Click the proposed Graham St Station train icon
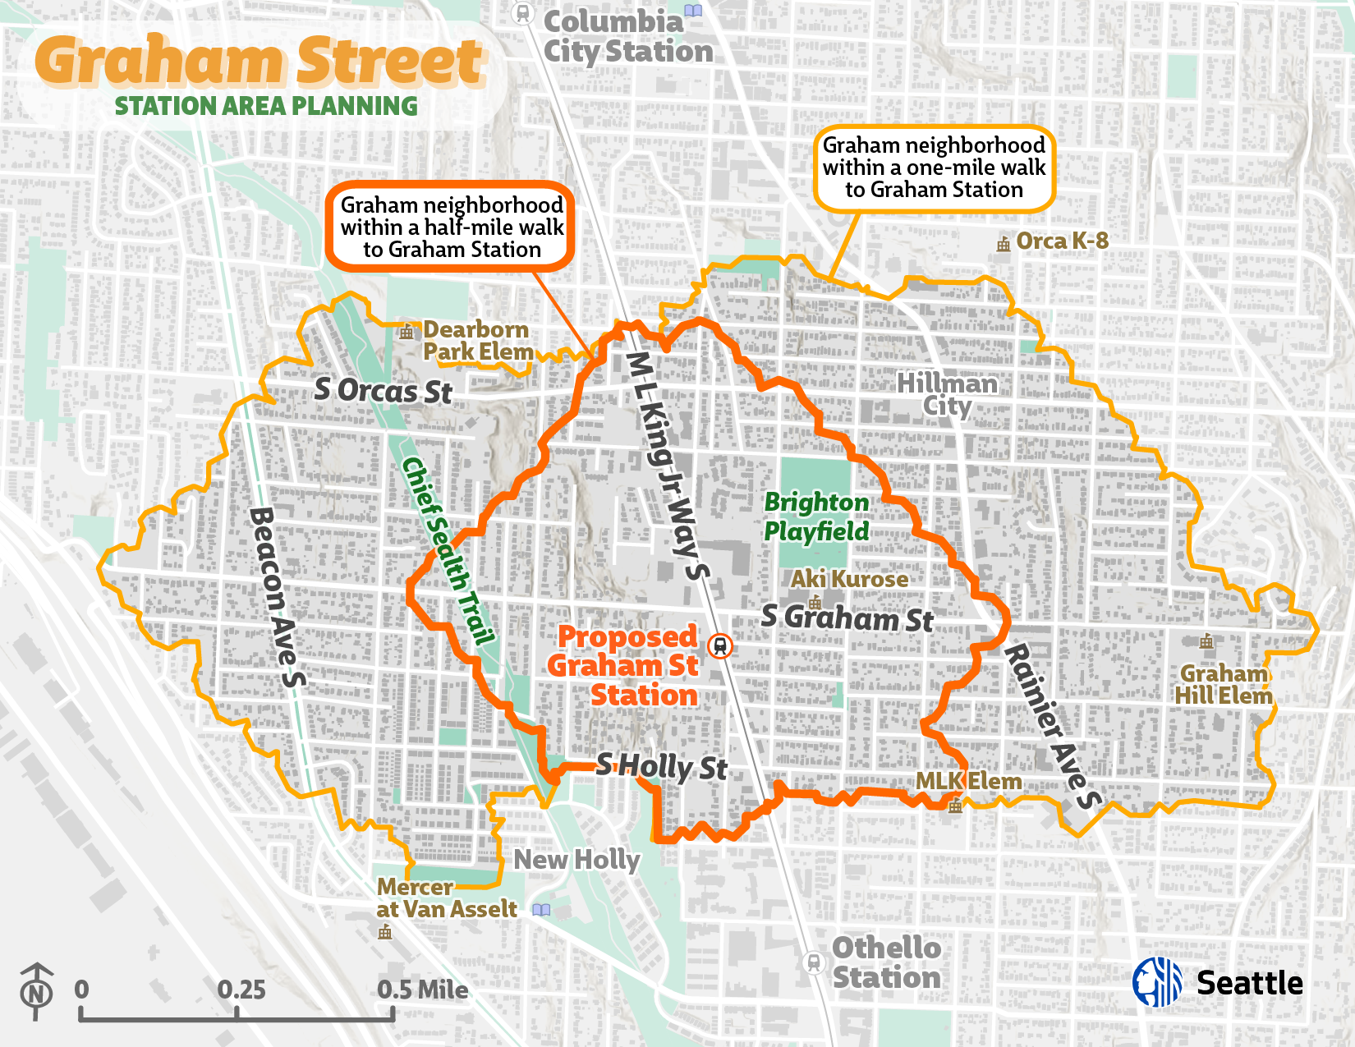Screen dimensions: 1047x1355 click(720, 646)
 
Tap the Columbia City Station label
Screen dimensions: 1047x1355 click(628, 37)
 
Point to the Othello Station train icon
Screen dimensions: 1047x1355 click(813, 962)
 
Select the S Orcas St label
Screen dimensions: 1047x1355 click(383, 391)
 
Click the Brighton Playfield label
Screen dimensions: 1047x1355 click(816, 517)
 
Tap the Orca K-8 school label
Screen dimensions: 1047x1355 click(1061, 241)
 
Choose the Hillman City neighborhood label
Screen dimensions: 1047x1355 click(947, 395)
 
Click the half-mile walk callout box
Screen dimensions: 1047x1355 click(452, 227)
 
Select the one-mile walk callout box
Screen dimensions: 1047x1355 click(934, 168)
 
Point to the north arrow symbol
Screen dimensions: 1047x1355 click(36, 991)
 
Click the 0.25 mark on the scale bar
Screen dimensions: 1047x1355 click(241, 990)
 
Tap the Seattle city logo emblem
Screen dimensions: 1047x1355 click(1157, 982)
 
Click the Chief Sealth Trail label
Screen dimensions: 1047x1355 click(448, 551)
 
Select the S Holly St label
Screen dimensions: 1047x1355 click(661, 767)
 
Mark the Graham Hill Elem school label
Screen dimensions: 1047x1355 click(1223, 685)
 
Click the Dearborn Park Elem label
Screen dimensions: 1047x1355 click(477, 341)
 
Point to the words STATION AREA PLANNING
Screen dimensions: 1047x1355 click(265, 106)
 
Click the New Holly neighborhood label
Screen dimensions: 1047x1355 click(576, 860)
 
